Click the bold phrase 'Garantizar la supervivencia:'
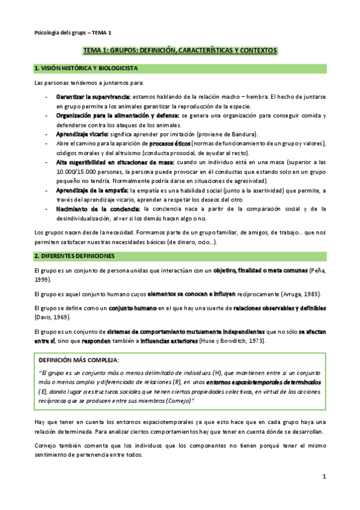pos(93,96)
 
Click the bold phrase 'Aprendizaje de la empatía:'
pos(96,190)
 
